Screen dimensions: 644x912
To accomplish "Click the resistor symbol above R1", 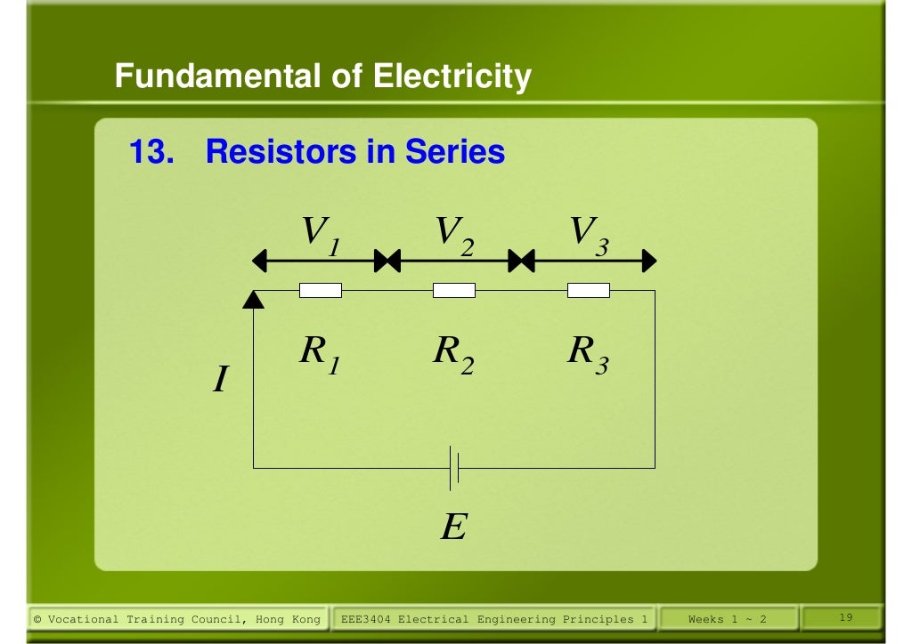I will point(321,290).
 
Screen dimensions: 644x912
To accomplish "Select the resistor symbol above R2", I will point(454,290).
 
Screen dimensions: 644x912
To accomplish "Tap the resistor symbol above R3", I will point(589,290).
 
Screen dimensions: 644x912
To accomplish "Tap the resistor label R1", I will point(320,355).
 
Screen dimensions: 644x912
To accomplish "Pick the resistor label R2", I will point(453,355).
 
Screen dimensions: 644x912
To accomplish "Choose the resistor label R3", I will point(588,355).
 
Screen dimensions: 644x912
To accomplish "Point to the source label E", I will point(453,529).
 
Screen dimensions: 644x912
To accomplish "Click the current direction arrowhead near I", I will point(254,300).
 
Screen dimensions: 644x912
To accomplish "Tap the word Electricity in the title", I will point(452,77).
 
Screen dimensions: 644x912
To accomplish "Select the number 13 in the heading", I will point(151,152).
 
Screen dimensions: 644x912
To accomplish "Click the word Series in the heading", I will point(455,152).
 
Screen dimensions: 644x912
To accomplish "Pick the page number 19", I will point(847,617).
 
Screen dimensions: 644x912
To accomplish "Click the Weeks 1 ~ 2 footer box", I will point(727,619).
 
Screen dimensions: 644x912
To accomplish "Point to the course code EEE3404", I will point(367,619).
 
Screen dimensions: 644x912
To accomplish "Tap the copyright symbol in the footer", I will point(37,619).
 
